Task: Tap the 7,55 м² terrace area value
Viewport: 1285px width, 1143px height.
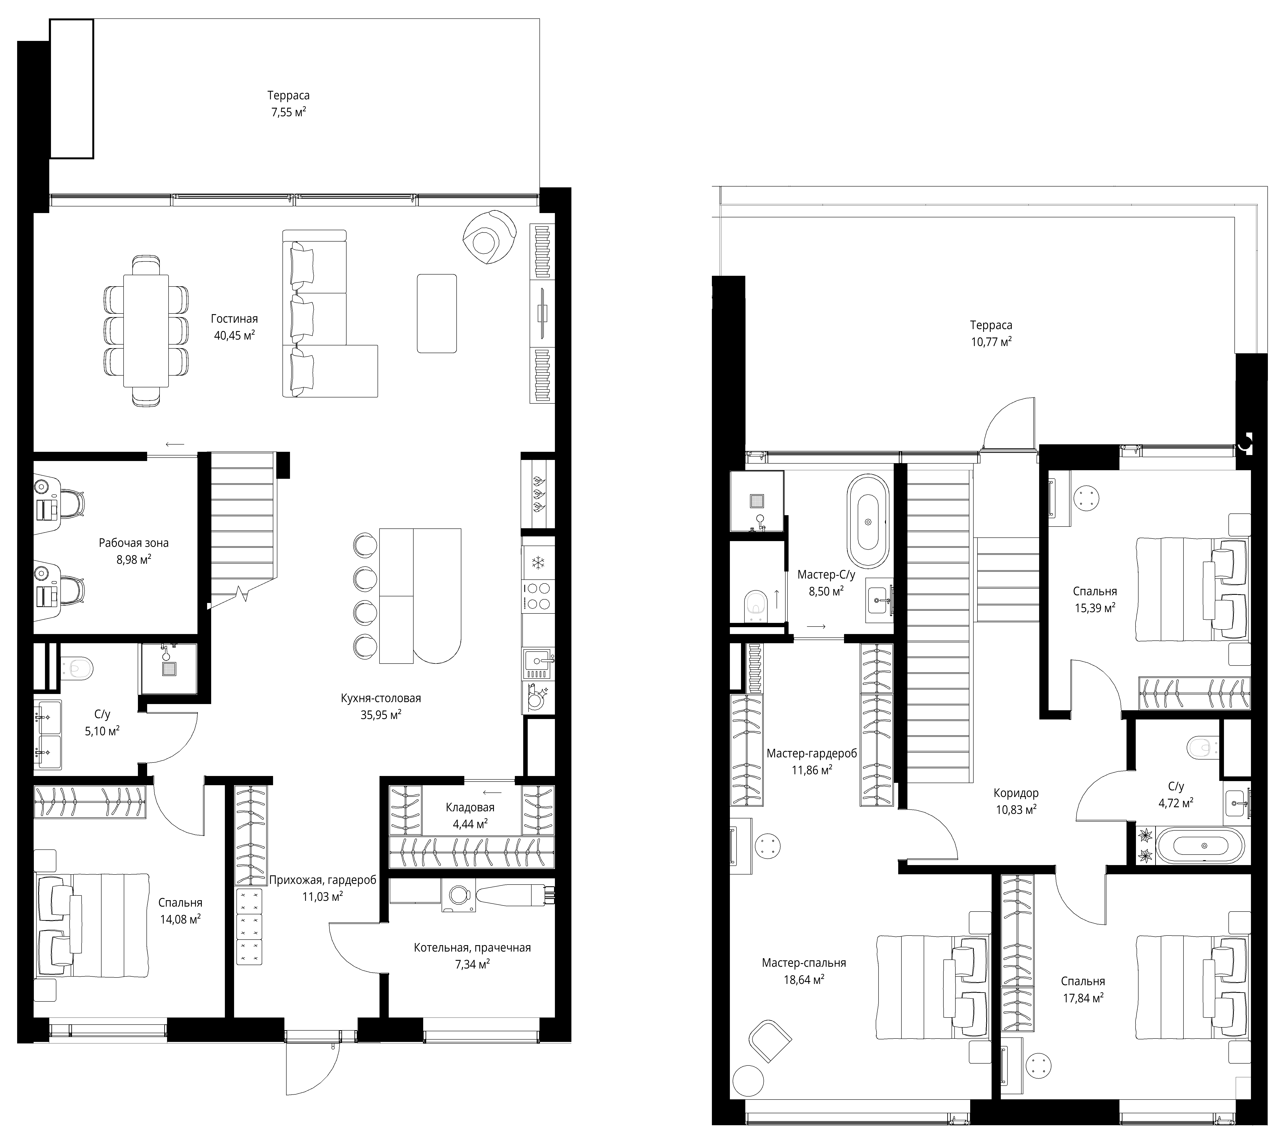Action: (x=288, y=113)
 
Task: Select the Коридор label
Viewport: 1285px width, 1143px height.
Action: (x=1016, y=793)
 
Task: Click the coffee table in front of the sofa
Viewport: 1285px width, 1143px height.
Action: (x=437, y=313)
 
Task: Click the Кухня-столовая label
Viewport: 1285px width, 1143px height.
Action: (x=381, y=698)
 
